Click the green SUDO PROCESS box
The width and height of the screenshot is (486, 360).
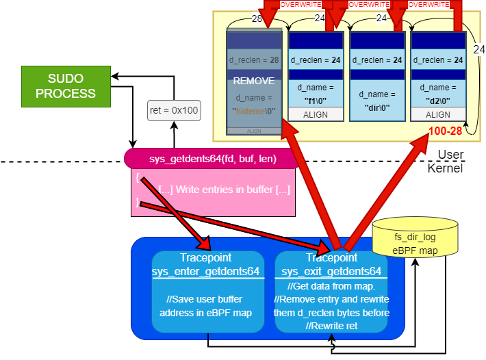pyautogui.click(x=66, y=86)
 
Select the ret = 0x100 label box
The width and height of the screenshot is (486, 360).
pyautogui.click(x=174, y=110)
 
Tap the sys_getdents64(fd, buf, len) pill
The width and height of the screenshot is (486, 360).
pyautogui.click(x=213, y=159)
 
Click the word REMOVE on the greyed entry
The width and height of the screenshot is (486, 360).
pyautogui.click(x=253, y=80)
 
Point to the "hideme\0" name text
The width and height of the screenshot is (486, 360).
pyautogui.click(x=253, y=109)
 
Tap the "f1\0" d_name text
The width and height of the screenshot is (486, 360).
pyautogui.click(x=315, y=99)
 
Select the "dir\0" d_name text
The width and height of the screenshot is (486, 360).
pyautogui.click(x=376, y=107)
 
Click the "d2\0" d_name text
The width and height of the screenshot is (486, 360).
pyautogui.click(x=439, y=99)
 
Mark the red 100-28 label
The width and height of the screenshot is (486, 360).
pyautogui.click(x=444, y=130)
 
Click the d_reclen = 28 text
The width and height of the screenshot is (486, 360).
pyautogui.click(x=253, y=60)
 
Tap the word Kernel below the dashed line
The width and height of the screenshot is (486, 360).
pyautogui.click(x=446, y=168)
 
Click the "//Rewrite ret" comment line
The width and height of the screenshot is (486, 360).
pyautogui.click(x=332, y=324)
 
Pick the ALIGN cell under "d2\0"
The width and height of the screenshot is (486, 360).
pyautogui.click(x=439, y=115)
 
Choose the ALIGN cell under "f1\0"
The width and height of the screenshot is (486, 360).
pyautogui.click(x=315, y=115)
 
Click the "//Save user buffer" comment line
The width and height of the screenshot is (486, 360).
pyautogui.click(x=206, y=300)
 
